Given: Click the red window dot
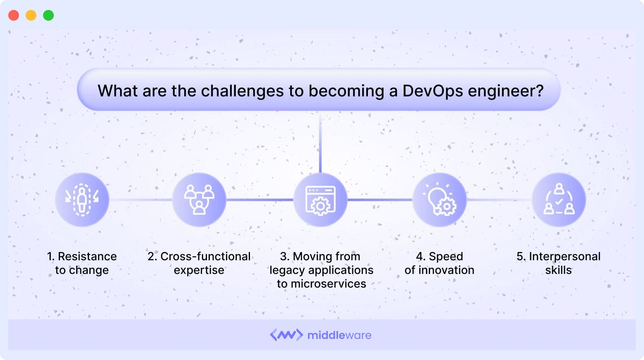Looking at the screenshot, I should click(x=14, y=15).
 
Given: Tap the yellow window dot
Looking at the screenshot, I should click(x=31, y=15).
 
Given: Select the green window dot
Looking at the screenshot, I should click(x=48, y=15).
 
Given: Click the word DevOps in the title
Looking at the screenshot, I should click(x=432, y=91).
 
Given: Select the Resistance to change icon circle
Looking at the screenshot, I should click(x=82, y=199).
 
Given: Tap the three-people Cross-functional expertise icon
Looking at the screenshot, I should click(x=199, y=199).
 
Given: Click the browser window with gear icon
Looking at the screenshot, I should click(x=320, y=200).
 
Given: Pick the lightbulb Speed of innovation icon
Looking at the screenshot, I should click(x=440, y=199).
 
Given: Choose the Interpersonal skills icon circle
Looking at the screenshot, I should click(x=559, y=199).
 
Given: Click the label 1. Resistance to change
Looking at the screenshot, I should click(x=82, y=263).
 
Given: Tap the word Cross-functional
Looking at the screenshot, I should click(x=205, y=257).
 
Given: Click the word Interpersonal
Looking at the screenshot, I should click(x=565, y=257).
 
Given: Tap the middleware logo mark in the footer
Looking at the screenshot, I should click(x=286, y=335).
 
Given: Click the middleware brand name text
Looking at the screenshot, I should click(x=339, y=335).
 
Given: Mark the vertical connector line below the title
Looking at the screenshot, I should click(x=320, y=143).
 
